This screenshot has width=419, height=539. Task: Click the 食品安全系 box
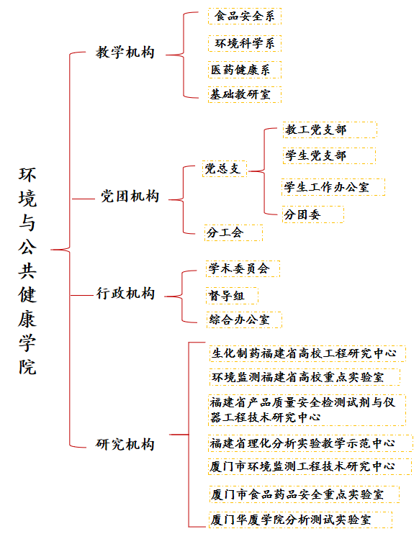click(x=245, y=16)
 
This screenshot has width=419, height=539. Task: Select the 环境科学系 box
click(x=245, y=43)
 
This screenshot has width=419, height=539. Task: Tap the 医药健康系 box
click(x=245, y=70)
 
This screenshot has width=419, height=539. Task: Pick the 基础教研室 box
click(x=245, y=94)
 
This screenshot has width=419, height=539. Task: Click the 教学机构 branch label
click(x=125, y=53)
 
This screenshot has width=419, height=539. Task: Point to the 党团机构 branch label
click(x=130, y=196)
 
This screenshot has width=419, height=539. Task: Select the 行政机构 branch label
click(x=125, y=294)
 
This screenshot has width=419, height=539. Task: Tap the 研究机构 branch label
click(x=125, y=445)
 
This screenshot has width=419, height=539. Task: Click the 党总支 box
click(x=225, y=169)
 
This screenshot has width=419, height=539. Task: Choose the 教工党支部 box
click(x=330, y=130)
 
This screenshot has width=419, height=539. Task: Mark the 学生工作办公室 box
click(x=333, y=187)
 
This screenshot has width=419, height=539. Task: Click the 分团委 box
click(x=312, y=214)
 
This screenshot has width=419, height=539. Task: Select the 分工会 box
click(x=233, y=232)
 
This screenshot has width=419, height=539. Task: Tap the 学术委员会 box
click(x=243, y=269)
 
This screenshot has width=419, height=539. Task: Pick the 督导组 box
click(x=232, y=296)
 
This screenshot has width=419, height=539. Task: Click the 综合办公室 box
click(x=244, y=320)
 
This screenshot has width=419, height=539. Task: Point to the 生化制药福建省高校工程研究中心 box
click(x=307, y=353)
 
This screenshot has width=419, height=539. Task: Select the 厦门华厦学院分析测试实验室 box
click(x=300, y=520)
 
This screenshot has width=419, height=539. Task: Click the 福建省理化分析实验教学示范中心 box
click(x=310, y=443)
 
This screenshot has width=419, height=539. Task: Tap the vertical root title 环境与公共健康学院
click(x=27, y=271)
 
